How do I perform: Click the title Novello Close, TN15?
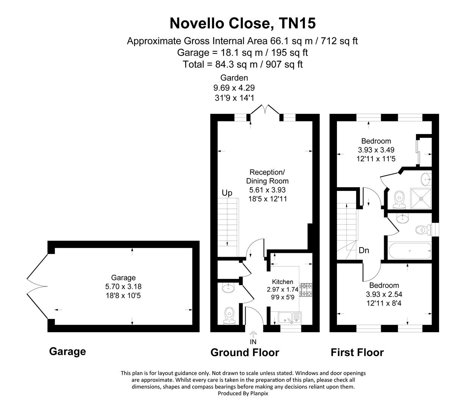point(242,24)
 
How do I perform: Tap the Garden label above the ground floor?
point(234,78)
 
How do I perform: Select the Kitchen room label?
point(283,282)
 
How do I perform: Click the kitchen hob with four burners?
point(305,289)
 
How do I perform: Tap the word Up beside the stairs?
point(227,193)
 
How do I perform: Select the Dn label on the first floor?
point(364,251)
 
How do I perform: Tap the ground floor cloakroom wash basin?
point(228,288)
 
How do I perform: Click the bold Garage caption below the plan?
point(67,352)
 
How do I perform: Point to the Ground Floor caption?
point(245,353)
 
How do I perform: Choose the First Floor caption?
point(357,353)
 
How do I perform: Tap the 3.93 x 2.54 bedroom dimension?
point(384,294)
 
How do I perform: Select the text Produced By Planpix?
point(243,394)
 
